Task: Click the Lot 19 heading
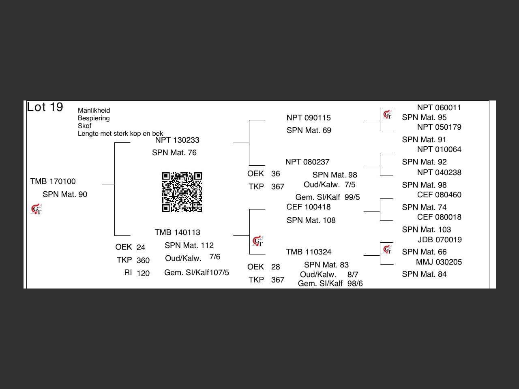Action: point(45,107)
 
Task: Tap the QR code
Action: point(182,192)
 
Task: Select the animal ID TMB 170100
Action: point(53,182)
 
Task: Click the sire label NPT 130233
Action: point(177,140)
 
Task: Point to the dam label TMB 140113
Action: point(177,233)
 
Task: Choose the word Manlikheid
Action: point(94,110)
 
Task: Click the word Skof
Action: point(84,126)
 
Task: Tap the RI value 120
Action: point(143,273)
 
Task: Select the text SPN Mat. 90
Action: point(65,194)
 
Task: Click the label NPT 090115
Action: point(309,118)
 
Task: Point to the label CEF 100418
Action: point(309,207)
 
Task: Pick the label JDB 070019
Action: point(440,240)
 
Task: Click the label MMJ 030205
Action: point(439,262)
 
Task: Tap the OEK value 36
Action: point(275,174)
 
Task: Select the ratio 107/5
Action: point(219,273)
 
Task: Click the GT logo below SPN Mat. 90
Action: point(36,209)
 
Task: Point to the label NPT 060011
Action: point(439,108)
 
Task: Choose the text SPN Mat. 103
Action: point(426,230)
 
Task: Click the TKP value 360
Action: point(143,260)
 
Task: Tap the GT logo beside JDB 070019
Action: point(388,250)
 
